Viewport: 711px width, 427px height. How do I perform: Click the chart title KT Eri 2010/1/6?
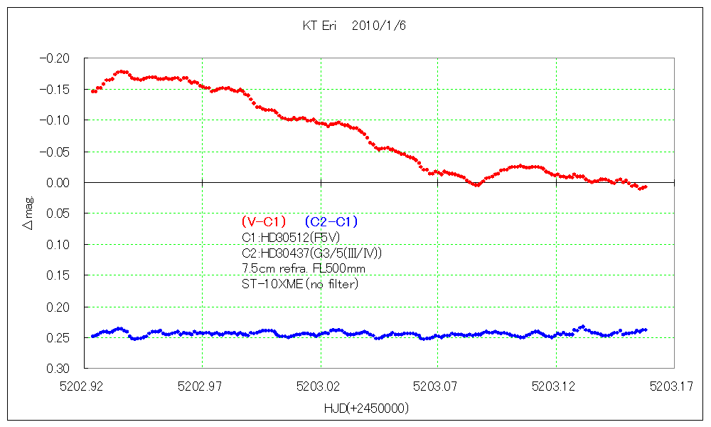[354, 26]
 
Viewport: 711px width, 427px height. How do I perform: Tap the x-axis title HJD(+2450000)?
[365, 408]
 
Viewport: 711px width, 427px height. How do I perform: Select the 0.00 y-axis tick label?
[62, 183]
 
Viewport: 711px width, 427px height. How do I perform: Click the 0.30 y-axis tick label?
[62, 369]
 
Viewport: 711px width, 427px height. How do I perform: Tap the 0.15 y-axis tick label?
[62, 275]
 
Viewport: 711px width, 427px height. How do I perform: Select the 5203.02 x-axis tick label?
[321, 387]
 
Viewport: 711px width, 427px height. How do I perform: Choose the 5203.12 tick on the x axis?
[555, 387]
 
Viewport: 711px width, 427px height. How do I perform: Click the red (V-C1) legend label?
[264, 221]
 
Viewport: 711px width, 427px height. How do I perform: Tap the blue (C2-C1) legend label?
[331, 221]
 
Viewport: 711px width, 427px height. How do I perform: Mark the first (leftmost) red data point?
[93, 91]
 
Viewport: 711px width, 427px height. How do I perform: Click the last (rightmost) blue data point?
[645, 330]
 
